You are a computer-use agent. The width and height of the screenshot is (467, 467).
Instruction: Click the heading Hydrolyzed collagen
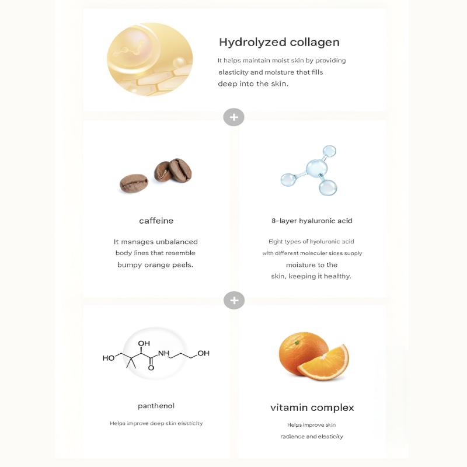coord(279,42)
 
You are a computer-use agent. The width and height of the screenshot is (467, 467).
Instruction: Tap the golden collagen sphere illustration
coord(149,59)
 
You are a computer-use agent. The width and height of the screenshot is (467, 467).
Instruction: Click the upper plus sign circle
coord(233,117)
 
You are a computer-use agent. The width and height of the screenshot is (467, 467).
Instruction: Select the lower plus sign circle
coord(233,300)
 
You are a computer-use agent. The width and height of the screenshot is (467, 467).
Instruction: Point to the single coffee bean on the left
coord(134,183)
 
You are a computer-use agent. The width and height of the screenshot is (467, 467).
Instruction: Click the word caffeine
coord(156,221)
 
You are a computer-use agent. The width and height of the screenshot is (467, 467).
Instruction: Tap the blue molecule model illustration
coord(310,170)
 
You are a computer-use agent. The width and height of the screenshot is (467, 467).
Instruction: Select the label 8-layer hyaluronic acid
coord(312,221)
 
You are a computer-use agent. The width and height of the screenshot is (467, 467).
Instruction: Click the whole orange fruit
coord(302,353)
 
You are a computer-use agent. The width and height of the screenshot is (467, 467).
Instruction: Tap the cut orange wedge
coord(325,363)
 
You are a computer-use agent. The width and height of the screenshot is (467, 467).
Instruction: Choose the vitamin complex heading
coord(312,407)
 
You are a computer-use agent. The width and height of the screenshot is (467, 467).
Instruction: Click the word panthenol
coord(156,406)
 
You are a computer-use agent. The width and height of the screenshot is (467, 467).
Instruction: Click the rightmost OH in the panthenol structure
coord(203,353)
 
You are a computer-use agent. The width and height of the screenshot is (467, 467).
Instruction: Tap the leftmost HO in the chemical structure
coord(109,358)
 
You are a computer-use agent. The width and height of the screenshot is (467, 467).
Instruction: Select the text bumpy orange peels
coord(155,264)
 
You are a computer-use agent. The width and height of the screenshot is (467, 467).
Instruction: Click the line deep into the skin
coord(253,83)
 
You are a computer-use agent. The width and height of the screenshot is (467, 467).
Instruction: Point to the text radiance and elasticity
coord(311,436)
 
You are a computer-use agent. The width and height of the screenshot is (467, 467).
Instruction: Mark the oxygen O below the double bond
coord(151,368)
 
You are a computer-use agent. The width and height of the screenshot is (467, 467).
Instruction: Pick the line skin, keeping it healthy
coord(311,276)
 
